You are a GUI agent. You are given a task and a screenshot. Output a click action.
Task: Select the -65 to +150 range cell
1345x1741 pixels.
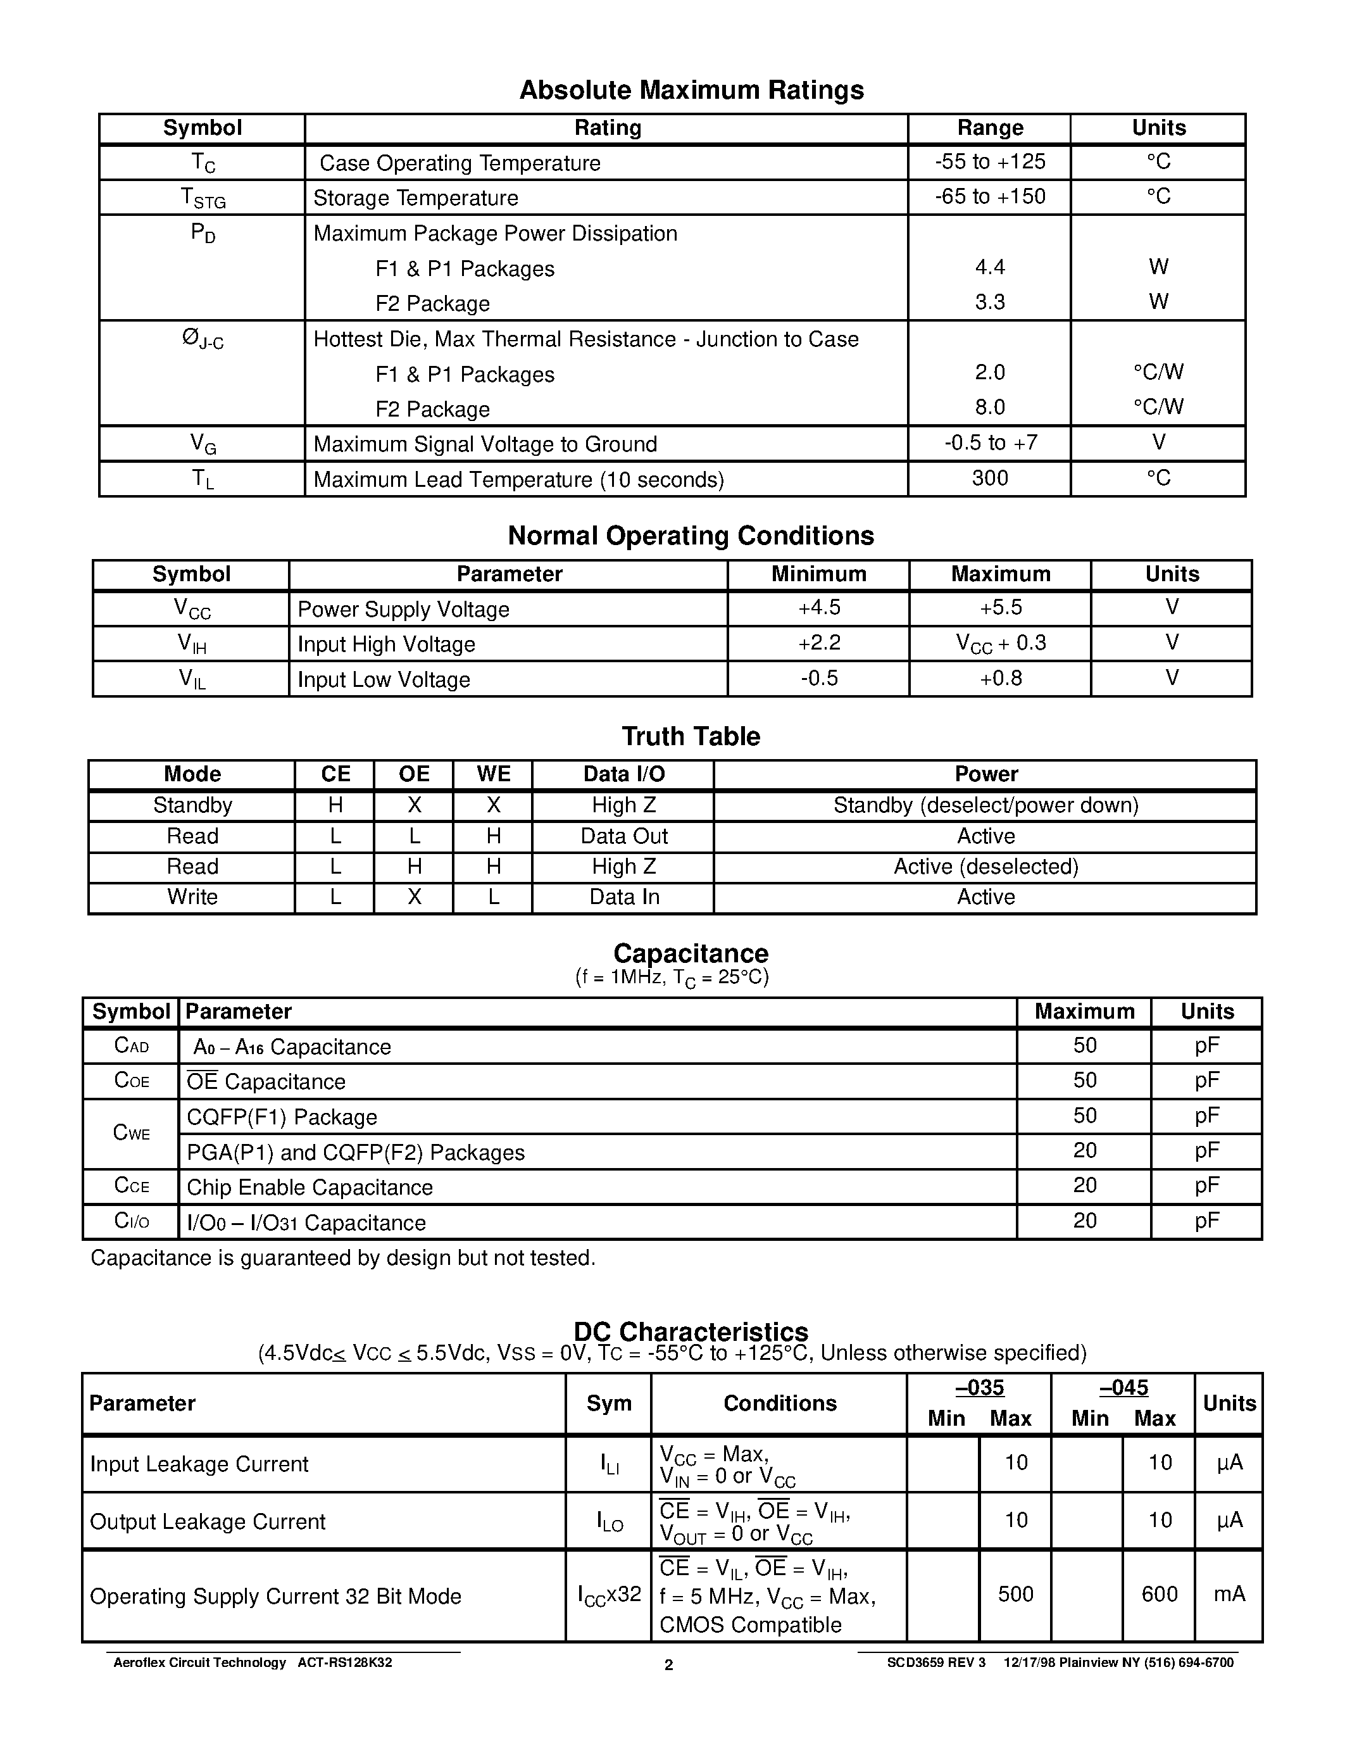coord(990,196)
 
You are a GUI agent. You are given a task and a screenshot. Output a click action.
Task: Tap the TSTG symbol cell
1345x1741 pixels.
coord(203,198)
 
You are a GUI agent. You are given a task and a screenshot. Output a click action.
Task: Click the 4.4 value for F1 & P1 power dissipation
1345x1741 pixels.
coord(990,267)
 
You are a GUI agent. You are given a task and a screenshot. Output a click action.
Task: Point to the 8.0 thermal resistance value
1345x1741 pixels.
coord(990,407)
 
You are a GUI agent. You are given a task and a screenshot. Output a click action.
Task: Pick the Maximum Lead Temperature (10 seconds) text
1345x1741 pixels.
coord(519,480)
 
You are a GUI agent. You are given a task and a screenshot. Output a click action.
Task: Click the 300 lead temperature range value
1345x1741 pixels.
coord(990,478)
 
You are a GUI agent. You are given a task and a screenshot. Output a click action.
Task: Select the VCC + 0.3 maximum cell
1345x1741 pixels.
coord(1001,643)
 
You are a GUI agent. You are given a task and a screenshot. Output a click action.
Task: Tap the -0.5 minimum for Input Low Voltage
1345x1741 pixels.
coord(819,679)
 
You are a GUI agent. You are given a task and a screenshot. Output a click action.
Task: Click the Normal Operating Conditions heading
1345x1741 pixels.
coord(691,536)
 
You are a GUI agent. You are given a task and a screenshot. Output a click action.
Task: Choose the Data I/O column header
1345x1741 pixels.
coord(624,774)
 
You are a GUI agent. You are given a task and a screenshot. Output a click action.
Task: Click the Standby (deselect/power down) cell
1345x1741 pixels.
coord(985,805)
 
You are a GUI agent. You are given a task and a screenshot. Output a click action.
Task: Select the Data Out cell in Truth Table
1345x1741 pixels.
coord(624,836)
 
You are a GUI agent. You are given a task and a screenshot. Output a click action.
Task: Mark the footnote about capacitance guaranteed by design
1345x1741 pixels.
coord(342,1258)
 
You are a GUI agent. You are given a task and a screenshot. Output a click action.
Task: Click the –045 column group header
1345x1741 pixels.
coord(1123,1388)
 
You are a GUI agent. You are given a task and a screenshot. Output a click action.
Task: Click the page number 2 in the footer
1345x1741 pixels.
coord(668,1664)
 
